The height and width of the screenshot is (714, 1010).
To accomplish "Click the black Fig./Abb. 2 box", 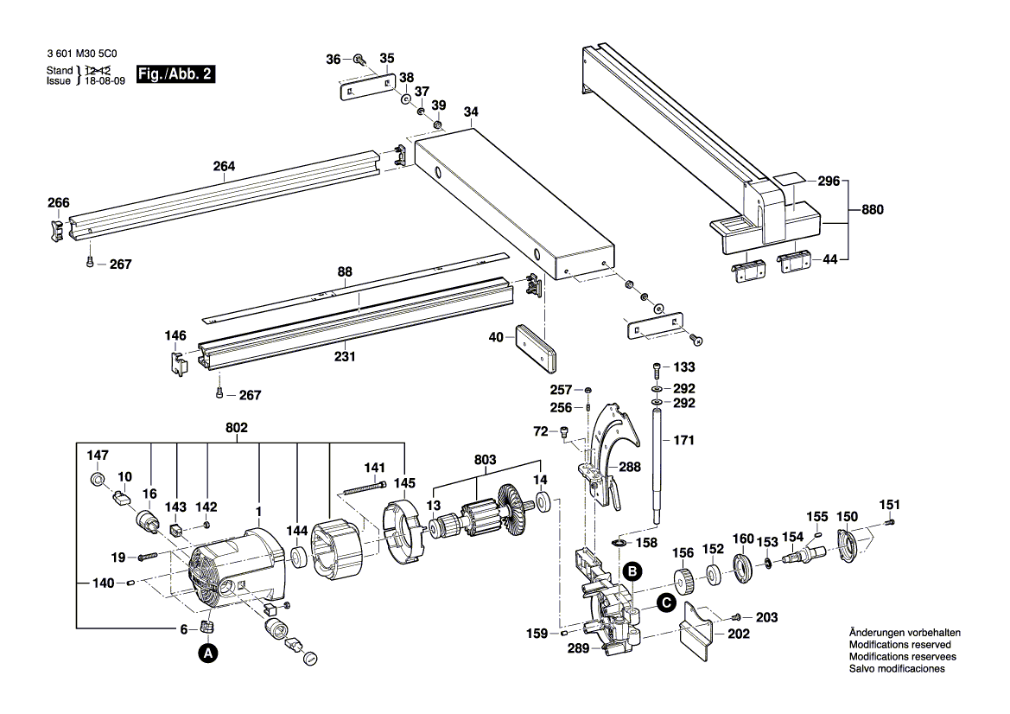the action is coord(175,74).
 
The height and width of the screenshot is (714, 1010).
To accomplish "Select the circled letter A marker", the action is coord(207,653).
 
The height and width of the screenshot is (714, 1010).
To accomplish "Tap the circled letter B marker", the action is coord(632,571).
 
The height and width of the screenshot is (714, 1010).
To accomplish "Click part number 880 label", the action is coord(872,209).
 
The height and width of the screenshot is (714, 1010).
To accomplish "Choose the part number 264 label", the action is coord(224,166).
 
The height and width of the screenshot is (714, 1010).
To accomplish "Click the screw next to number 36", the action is coord(359,60).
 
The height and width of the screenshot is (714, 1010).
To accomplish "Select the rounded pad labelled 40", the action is coord(535,348).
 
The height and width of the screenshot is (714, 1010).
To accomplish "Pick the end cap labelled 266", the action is coord(55,229).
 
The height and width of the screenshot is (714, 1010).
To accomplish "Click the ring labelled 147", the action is coord(98,480).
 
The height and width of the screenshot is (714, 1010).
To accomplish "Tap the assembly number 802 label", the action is coord(237,428).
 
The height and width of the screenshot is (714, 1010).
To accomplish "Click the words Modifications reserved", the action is coord(900,644).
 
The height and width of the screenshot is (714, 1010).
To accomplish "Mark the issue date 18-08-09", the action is coord(105,81).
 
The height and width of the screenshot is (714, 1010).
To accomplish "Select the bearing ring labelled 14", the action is coord(543,501).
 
